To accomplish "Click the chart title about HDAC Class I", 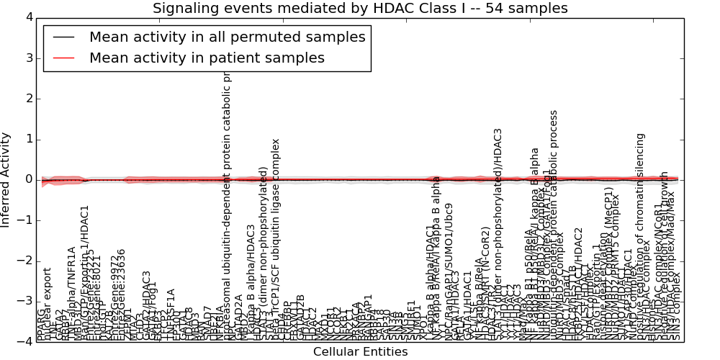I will coord(360,8).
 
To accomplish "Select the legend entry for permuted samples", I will coord(228,37).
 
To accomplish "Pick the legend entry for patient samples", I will coord(207,58).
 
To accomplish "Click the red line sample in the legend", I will coord(63,58).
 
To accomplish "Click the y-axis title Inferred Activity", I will coord(6,179).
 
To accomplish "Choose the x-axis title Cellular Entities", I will coord(360,352).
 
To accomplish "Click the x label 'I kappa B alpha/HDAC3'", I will coord(251,281).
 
